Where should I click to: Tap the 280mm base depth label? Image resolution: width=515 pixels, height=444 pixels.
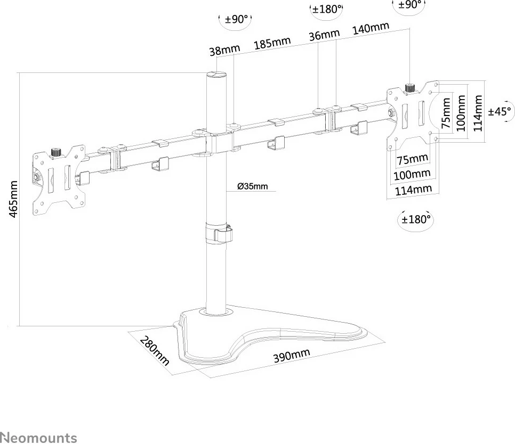(154, 351)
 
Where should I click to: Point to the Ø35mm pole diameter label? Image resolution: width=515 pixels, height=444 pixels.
(253, 186)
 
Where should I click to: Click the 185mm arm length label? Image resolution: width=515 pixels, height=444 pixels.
(272, 43)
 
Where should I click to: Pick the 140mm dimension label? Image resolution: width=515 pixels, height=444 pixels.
(371, 28)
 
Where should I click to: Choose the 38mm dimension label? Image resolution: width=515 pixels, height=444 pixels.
(224, 51)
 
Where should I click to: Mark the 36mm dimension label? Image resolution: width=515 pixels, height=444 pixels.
(324, 35)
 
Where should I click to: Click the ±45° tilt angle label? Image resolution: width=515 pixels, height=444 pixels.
(500, 112)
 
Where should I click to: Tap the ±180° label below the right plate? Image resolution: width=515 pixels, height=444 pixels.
(415, 219)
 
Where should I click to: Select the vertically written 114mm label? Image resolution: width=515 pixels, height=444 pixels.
(478, 113)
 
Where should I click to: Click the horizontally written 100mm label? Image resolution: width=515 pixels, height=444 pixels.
(412, 174)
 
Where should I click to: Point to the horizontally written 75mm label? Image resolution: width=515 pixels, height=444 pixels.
(412, 159)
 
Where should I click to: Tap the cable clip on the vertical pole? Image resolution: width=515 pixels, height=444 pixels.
(219, 235)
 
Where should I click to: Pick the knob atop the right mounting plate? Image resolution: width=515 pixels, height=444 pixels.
(410, 87)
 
